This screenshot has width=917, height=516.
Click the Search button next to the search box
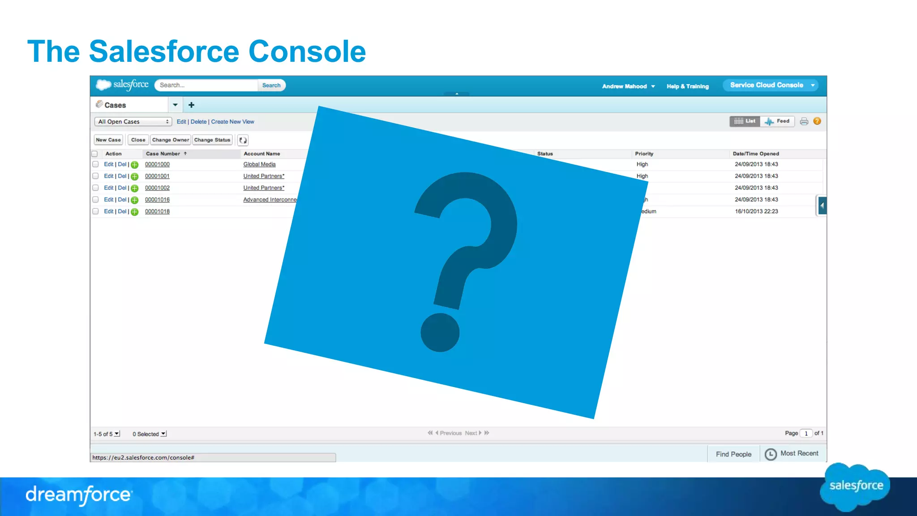271,85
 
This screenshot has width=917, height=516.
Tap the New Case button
108,140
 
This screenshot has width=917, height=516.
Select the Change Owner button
171,140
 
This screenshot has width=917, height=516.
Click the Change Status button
212,140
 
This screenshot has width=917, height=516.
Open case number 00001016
157,200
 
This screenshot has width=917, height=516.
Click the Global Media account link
259,164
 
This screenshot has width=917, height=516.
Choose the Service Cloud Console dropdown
771,85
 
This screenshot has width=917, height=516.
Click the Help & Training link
687,86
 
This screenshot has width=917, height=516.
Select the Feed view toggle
778,121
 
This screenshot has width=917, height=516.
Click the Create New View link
232,122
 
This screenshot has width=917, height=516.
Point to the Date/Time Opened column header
756,154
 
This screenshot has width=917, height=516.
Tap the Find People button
733,454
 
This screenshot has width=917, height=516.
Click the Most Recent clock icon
771,454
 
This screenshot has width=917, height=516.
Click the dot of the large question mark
440,332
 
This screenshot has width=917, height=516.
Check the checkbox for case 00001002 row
95,188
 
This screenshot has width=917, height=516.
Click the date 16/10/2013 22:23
756,211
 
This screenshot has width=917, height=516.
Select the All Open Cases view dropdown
133,122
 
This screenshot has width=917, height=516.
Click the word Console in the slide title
307,52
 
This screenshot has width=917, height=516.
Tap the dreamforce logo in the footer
79,495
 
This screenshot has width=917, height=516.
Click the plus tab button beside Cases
191,105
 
